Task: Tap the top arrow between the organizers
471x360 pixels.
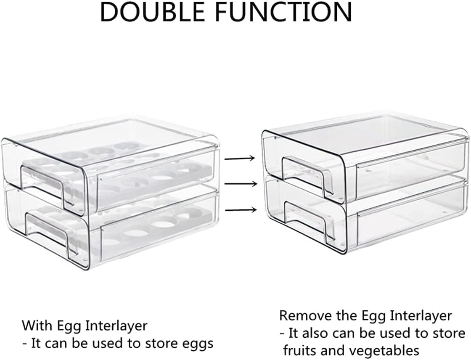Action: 240,159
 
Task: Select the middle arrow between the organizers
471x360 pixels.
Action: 240,184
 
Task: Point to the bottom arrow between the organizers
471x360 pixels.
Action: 240,209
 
